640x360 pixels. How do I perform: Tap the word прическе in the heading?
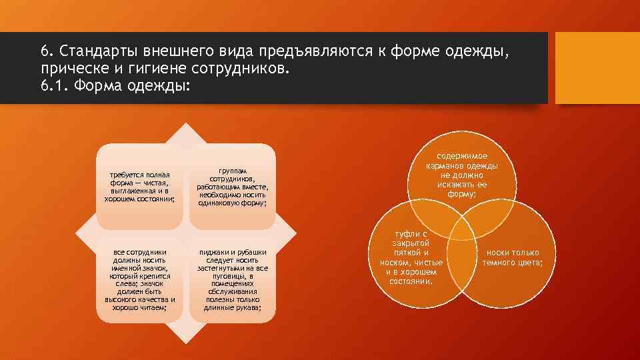(69, 69)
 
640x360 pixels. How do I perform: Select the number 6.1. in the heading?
(54, 86)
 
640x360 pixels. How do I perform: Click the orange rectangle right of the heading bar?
(597, 68)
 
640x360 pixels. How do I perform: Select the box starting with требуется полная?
(140, 187)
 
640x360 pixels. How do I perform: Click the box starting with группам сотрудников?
(232, 187)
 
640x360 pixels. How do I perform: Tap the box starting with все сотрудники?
(140, 280)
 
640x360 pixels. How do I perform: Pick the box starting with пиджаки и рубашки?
(232, 280)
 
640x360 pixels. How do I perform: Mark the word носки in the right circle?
(498, 253)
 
